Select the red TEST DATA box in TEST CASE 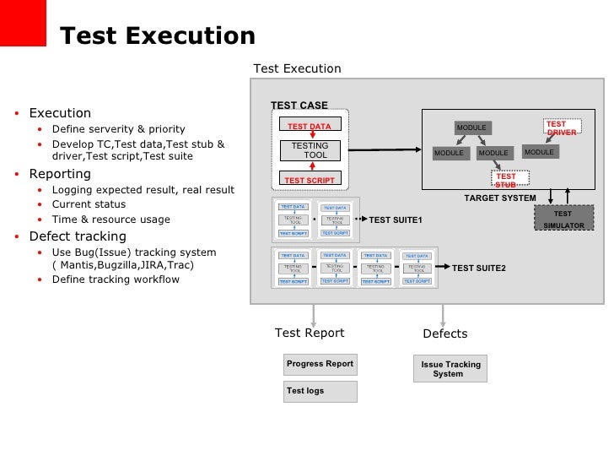point(309,126)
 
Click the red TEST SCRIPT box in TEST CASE point(309,180)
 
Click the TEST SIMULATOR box point(562,220)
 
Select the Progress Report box point(320,365)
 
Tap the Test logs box point(320,391)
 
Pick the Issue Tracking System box point(451,369)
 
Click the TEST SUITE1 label point(396,220)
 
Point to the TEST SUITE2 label point(478,268)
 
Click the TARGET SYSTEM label point(500,198)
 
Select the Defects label point(444,334)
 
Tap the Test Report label point(310,333)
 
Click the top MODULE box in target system point(471,127)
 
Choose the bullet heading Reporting point(60,175)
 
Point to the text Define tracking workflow point(116,279)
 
